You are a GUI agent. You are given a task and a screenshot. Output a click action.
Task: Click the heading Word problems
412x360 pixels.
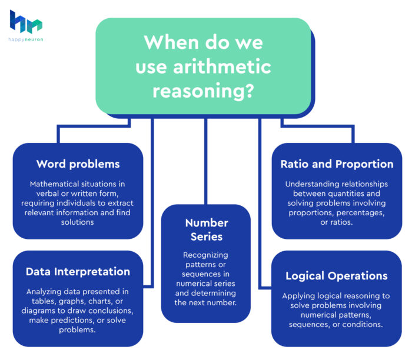[x=78, y=164]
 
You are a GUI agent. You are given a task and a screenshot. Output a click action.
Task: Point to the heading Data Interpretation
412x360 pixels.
[x=78, y=272]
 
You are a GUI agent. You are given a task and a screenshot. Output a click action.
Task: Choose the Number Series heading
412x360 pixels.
[x=205, y=231]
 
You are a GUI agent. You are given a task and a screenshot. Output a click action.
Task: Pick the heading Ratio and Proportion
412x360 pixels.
[x=337, y=164]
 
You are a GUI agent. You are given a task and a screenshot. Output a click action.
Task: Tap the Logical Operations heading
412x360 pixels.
[x=337, y=276]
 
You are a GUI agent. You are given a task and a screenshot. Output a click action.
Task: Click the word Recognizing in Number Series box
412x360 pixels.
[x=205, y=255]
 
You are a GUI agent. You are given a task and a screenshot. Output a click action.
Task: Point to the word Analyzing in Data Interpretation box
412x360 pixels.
[x=47, y=292]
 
